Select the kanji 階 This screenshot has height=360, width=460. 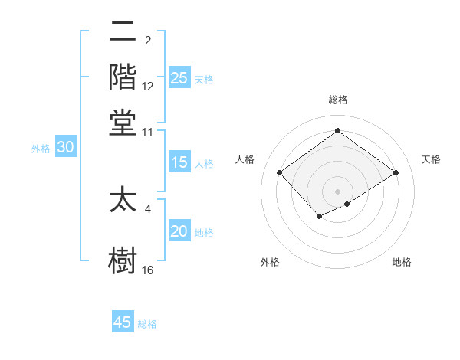pos(123,77)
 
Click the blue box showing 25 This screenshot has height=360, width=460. pos(179,77)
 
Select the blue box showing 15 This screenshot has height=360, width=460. pos(179,162)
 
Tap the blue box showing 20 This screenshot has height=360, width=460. pos(179,232)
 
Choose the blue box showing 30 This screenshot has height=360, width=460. pos(65,148)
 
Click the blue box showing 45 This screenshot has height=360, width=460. pos(123,322)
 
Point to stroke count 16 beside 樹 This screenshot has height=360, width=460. pos(148,270)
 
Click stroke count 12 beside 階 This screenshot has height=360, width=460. pos(148,87)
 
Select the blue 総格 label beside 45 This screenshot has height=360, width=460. pos(147,324)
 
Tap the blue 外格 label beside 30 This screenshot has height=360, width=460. pos(41,149)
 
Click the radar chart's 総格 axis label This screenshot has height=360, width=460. pos(337,100)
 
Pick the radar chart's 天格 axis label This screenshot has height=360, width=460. pos(431,159)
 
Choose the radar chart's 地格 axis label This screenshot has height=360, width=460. pos(402,263)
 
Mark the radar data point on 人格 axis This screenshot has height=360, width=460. pos(279,172)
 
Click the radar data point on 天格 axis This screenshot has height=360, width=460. pos(396,172)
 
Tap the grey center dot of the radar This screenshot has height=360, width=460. pos(337,191)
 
